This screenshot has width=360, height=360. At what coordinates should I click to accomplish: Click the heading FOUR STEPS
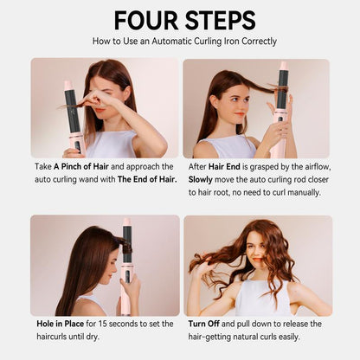point(180,20)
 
